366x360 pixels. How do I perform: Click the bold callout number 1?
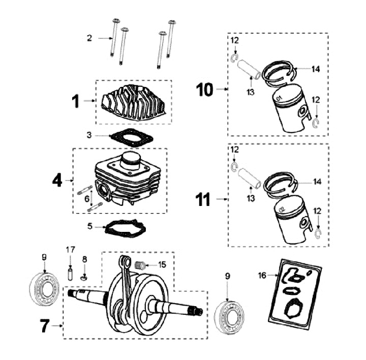(75, 101)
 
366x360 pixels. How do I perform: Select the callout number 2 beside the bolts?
(89, 38)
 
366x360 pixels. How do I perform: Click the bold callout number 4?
(57, 180)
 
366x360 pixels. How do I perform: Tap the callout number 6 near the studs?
(87, 198)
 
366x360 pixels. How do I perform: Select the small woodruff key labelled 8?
(84, 277)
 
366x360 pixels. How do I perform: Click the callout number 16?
(262, 275)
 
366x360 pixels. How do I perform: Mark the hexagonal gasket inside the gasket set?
(292, 307)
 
